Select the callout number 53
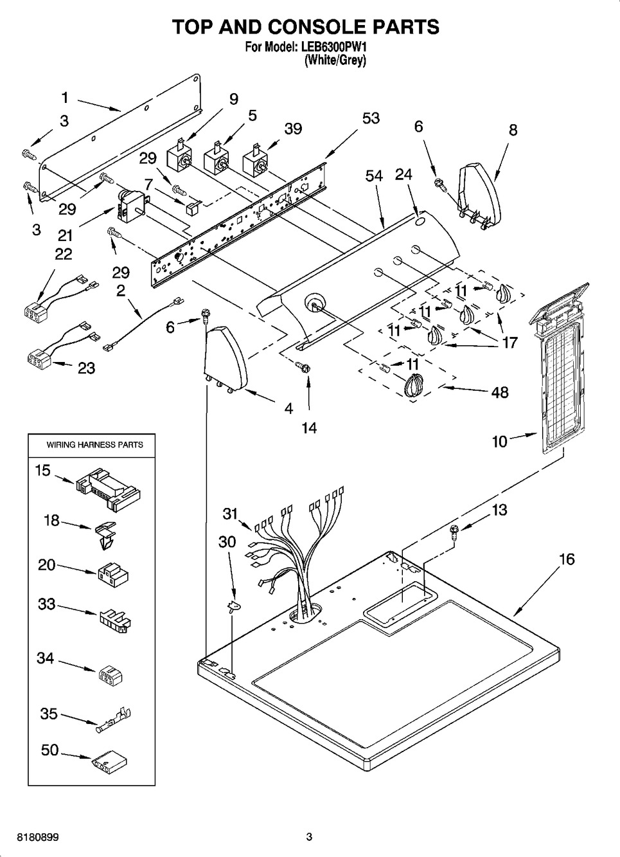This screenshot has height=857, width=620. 371,118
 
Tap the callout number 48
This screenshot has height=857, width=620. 499,392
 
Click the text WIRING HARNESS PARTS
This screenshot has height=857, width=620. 94,444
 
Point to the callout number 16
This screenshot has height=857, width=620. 566,559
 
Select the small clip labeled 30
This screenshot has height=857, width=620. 232,606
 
